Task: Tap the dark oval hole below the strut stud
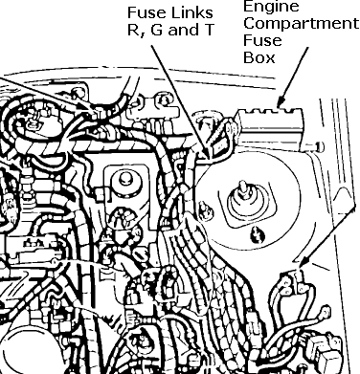tap(256, 233)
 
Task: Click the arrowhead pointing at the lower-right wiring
tap(300, 265)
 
